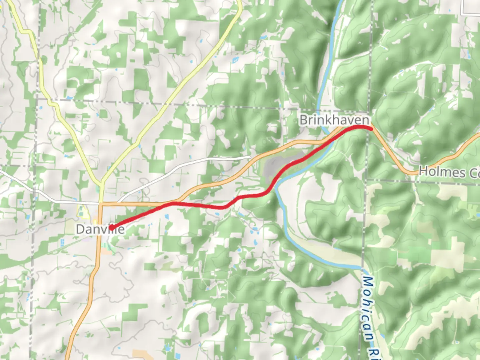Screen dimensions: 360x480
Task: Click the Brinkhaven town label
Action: (x=334, y=120)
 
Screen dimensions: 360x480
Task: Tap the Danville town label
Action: (x=100, y=229)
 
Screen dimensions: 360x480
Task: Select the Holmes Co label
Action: (x=449, y=172)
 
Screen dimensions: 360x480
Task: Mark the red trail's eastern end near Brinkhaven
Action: (x=370, y=128)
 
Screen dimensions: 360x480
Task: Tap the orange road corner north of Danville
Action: (x=101, y=203)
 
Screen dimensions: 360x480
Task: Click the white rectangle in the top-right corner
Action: (x=470, y=7)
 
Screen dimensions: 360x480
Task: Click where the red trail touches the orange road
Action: (x=173, y=203)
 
